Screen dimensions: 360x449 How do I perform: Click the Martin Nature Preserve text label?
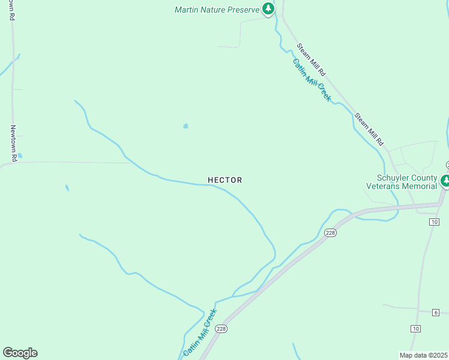pyautogui.click(x=217, y=10)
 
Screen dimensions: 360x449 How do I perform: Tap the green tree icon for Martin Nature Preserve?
pyautogui.click(x=268, y=9)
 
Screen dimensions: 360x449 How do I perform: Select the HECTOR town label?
pyautogui.click(x=225, y=180)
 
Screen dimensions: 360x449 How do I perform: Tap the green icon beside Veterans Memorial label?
pyautogui.click(x=445, y=180)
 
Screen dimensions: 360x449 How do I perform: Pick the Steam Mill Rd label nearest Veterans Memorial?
pyautogui.click(x=368, y=129)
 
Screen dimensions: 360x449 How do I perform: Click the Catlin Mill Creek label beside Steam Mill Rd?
pyautogui.click(x=312, y=80)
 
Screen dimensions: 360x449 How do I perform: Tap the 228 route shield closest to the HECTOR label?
pyautogui.click(x=330, y=232)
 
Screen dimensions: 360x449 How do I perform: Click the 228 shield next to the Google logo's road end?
pyautogui.click(x=221, y=328)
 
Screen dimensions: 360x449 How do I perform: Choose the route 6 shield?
pyautogui.click(x=436, y=312)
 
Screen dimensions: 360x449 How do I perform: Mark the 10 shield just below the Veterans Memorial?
pyautogui.click(x=434, y=222)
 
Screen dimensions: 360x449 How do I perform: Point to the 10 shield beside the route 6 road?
pyautogui.click(x=415, y=328)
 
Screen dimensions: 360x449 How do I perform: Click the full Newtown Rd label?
pyautogui.click(x=13, y=142)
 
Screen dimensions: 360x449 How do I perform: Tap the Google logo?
pyautogui.click(x=20, y=353)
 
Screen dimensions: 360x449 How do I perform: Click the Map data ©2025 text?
pyautogui.click(x=424, y=355)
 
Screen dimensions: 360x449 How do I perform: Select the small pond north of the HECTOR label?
pyautogui.click(x=185, y=126)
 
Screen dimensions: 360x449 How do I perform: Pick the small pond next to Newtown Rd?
pyautogui.click(x=20, y=155)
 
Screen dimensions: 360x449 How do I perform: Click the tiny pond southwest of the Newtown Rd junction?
pyautogui.click(x=67, y=188)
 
